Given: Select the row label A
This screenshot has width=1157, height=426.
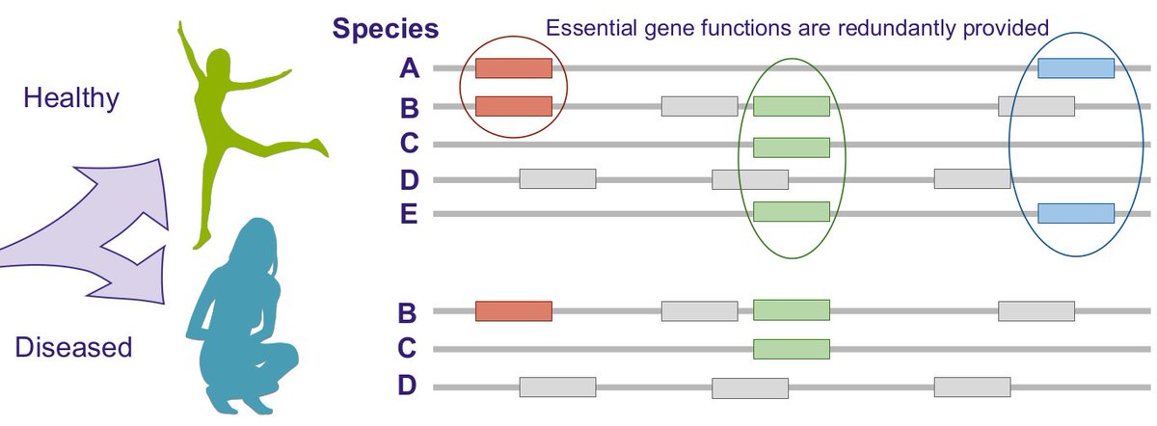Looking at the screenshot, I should (x=411, y=68).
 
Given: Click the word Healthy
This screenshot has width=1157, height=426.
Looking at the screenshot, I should (x=70, y=97).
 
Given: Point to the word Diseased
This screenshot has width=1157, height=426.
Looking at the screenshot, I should (x=73, y=346).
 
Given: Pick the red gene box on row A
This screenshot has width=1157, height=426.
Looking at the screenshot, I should (x=513, y=68).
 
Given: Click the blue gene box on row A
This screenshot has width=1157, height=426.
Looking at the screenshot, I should (x=1075, y=68).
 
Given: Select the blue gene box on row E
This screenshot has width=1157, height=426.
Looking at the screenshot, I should (x=1075, y=213).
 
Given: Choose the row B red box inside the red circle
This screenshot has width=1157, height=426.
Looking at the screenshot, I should (x=513, y=106).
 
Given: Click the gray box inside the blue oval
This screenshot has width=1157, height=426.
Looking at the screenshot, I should (x=1036, y=106).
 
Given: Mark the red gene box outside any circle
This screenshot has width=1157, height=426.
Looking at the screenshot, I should (x=513, y=310).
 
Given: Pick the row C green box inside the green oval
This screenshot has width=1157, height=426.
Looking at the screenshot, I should (x=791, y=146).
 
